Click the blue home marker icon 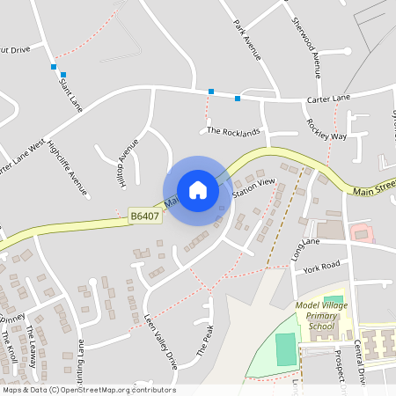tap(198, 190)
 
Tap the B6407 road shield tap(144, 215)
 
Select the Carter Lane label tap(328, 98)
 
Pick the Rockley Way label tap(326, 131)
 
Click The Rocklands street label tap(233, 132)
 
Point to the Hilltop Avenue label tap(128, 162)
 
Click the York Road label tap(320, 265)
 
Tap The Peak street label tap(204, 340)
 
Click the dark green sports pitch tap(286, 349)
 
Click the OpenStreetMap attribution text tap(88, 390)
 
